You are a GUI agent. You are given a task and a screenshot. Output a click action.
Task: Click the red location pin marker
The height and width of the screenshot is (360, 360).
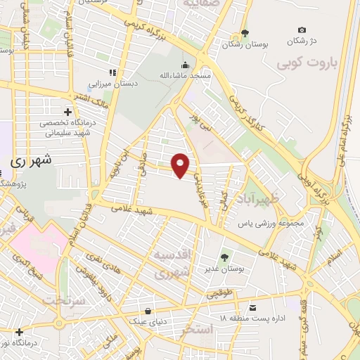[181, 165]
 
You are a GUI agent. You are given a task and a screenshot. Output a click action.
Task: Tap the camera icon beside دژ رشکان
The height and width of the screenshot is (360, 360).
[302, 30]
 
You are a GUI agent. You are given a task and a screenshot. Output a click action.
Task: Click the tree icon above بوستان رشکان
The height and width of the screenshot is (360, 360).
[245, 33]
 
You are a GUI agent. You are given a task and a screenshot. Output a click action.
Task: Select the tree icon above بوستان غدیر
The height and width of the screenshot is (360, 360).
[224, 257]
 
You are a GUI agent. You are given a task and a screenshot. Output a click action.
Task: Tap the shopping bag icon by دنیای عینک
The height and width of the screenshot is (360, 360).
[148, 310]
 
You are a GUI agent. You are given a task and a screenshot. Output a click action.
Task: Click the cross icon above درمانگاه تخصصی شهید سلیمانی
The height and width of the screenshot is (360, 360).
[68, 112]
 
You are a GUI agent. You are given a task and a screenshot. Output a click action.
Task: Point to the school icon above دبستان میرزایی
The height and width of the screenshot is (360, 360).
[111, 72]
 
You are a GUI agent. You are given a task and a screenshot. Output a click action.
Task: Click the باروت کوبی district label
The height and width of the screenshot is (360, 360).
[306, 65]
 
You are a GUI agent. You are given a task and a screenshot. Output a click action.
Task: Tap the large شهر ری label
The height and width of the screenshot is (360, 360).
[31, 161]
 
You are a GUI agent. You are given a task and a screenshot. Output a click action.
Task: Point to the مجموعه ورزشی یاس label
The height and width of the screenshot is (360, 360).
[264, 224]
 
